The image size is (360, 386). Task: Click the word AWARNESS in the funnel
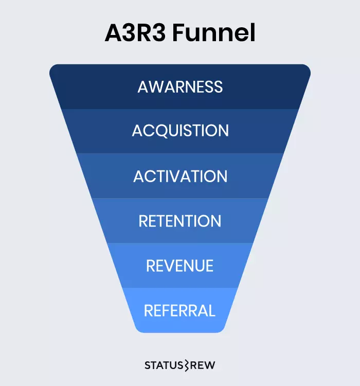pyautogui.click(x=180, y=86)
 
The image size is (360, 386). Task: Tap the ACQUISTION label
pyautogui.click(x=180, y=131)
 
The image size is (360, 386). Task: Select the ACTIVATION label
pyautogui.click(x=180, y=177)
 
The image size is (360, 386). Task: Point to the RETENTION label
pyautogui.click(x=180, y=221)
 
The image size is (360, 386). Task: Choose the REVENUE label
pyautogui.click(x=180, y=266)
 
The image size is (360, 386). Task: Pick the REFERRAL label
pyautogui.click(x=179, y=311)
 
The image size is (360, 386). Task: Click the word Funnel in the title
pyautogui.click(x=214, y=34)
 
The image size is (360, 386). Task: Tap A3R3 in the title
pyautogui.click(x=135, y=34)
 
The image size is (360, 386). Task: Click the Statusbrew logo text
pyautogui.click(x=180, y=365)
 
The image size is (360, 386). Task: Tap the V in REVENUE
pyautogui.click(x=170, y=266)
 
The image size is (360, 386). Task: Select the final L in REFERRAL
pyautogui.click(x=211, y=311)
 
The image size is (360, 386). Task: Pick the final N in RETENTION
pyautogui.click(x=215, y=221)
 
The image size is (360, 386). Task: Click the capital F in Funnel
pyautogui.click(x=180, y=34)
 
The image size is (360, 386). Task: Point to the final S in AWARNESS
pyautogui.click(x=219, y=86)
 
